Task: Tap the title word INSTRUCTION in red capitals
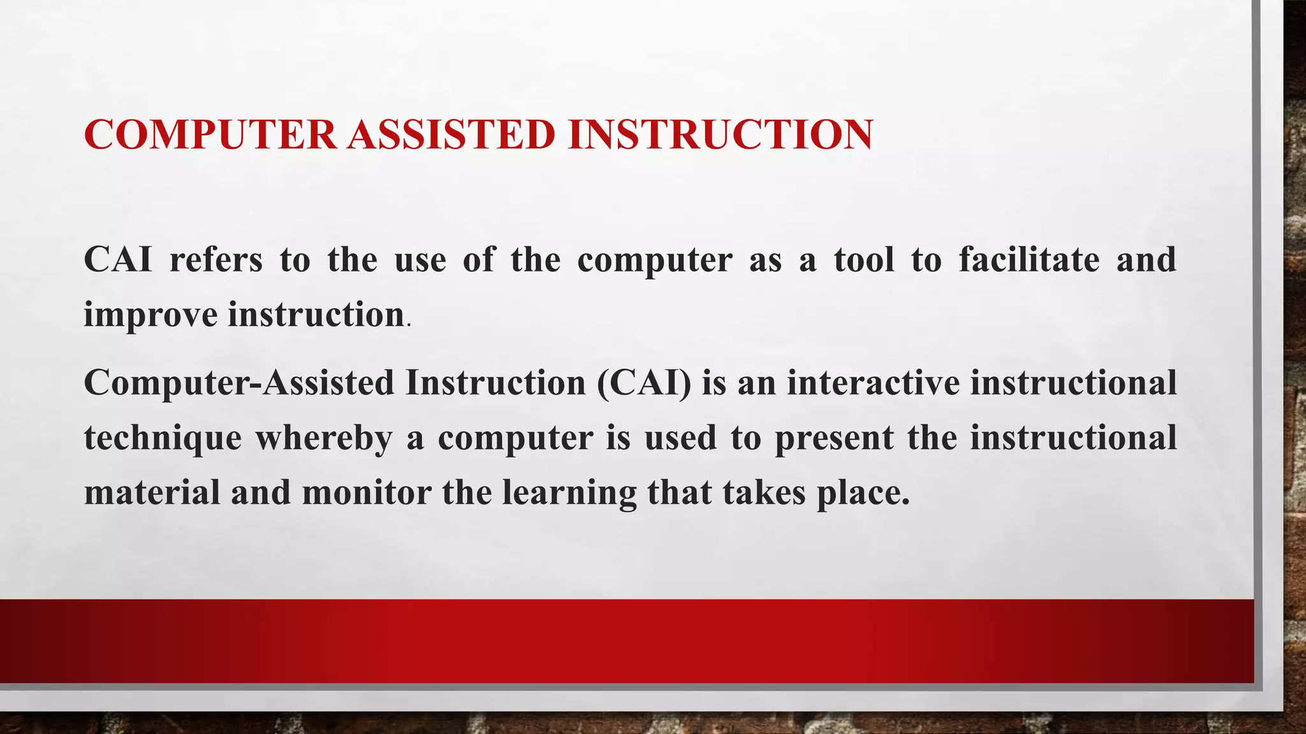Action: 720,134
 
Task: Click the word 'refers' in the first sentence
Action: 216,259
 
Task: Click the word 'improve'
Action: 150,315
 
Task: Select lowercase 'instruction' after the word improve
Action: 316,314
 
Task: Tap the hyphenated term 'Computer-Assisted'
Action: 239,383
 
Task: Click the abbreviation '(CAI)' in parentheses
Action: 644,383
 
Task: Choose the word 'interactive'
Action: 873,383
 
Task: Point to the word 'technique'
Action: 163,438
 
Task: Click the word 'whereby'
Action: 323,438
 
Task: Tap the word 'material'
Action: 152,493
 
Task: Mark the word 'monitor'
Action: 367,493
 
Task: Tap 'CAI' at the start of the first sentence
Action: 118,259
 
